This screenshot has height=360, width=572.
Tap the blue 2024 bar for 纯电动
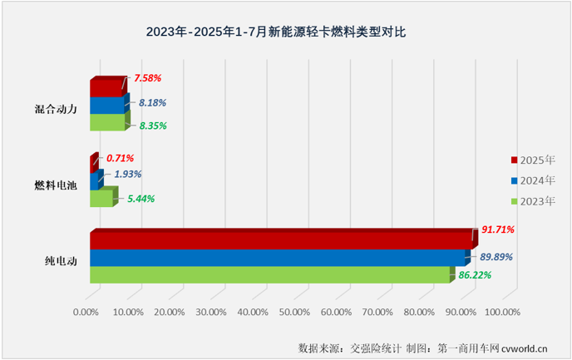(x=277, y=258)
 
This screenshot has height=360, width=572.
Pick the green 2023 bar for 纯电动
(x=269, y=274)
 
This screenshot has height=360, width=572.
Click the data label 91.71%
(x=497, y=229)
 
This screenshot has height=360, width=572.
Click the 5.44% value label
(x=138, y=199)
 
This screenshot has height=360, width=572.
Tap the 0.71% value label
(x=120, y=157)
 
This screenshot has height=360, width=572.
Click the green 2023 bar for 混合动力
(x=107, y=122)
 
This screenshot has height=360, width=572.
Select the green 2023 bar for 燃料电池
(x=101, y=199)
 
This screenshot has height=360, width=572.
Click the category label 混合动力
(x=57, y=106)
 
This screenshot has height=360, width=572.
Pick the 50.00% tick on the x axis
(x=294, y=312)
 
